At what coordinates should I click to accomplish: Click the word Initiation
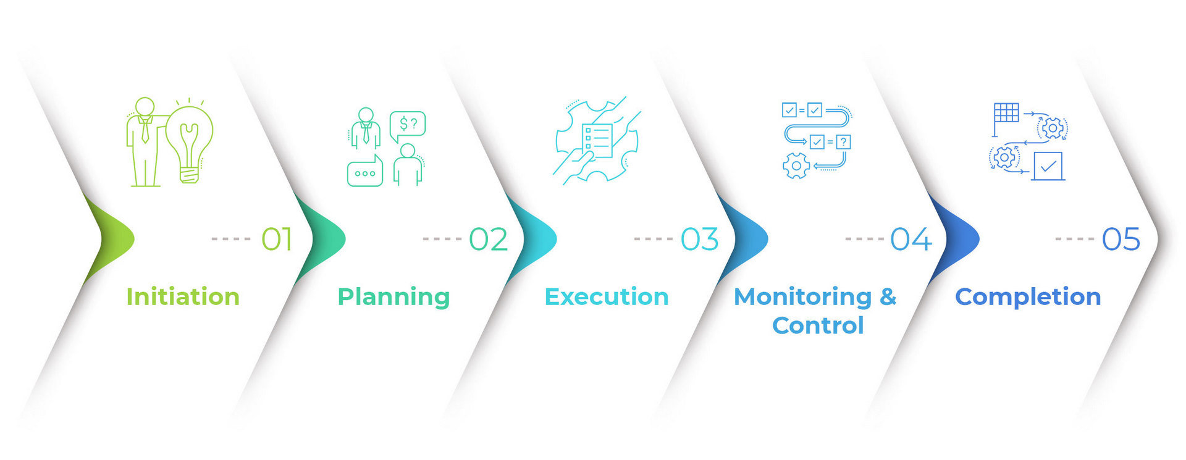click(x=183, y=297)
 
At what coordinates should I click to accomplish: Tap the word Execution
click(x=607, y=297)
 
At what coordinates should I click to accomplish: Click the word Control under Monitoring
click(x=818, y=325)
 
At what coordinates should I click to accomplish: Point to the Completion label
click(x=1028, y=297)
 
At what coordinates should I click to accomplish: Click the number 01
click(x=276, y=239)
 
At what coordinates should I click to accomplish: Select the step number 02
click(x=488, y=239)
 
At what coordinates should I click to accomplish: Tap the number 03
click(x=699, y=239)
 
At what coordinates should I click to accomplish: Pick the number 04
click(x=911, y=239)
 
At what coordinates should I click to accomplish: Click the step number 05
click(x=1121, y=239)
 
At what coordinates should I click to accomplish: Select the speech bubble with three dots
click(x=365, y=173)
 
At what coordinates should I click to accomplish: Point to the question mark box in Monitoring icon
click(x=843, y=142)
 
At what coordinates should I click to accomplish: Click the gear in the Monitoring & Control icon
click(x=796, y=165)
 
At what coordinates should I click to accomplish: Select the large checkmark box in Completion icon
click(x=1048, y=166)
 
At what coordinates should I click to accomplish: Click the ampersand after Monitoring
click(x=888, y=297)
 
